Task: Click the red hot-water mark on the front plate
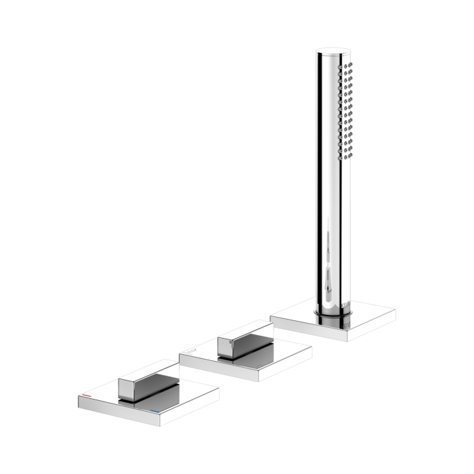[x=89, y=393]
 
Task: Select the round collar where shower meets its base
[x=332, y=309]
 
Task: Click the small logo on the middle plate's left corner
[x=192, y=350]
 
